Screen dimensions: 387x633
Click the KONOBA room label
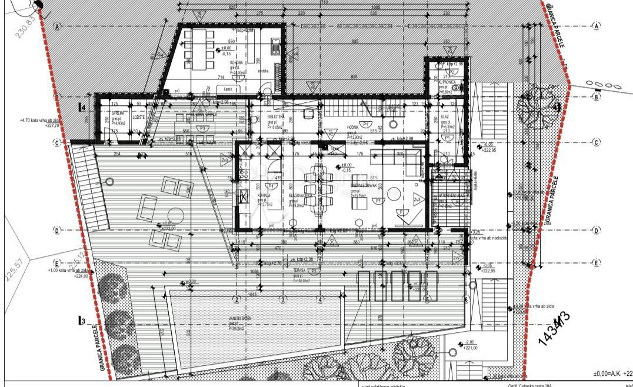tap(238, 61)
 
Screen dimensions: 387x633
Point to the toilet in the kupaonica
tap(438, 67)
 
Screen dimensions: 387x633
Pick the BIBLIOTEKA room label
tap(276, 117)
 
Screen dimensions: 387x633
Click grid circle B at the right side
tap(597, 98)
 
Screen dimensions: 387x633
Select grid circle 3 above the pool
tap(282, 300)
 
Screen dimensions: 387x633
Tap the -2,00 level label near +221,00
tap(469, 342)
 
